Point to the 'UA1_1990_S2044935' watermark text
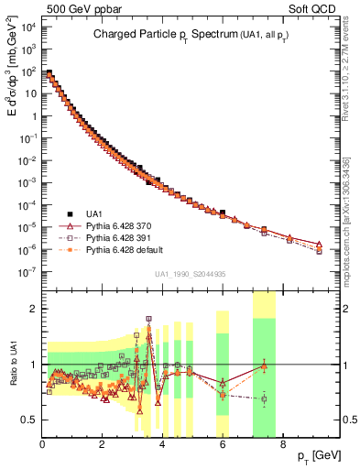coord(191,275)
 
